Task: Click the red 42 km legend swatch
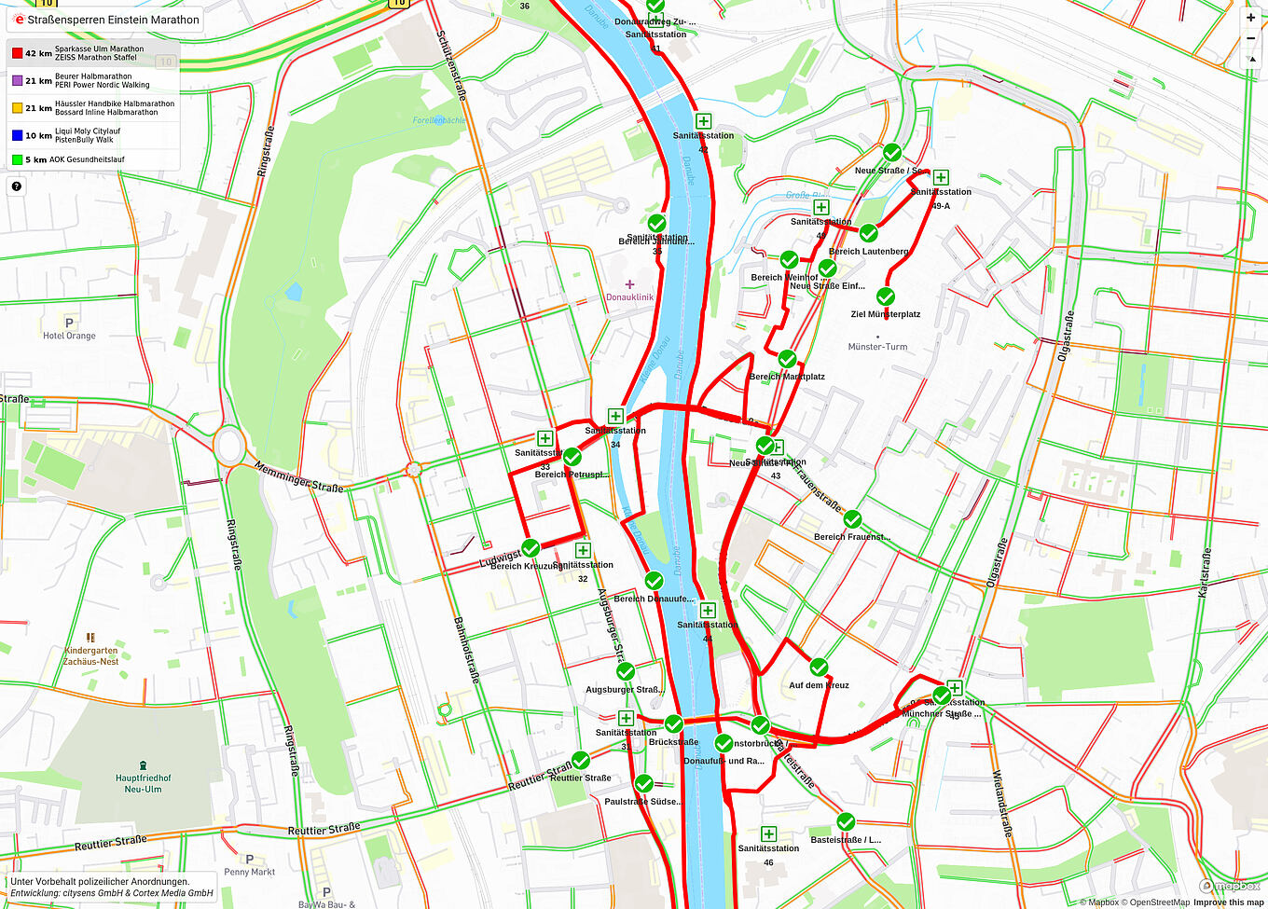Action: click(x=17, y=53)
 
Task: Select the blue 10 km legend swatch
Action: click(x=17, y=135)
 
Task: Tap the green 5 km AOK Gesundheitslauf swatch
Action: click(x=17, y=159)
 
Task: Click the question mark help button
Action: click(x=16, y=186)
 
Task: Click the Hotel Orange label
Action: click(x=69, y=335)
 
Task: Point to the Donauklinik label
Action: click(x=629, y=296)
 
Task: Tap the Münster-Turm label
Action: click(x=877, y=346)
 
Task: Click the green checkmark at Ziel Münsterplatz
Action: click(x=885, y=296)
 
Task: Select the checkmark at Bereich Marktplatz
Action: click(x=787, y=359)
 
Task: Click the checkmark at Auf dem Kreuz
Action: click(x=819, y=668)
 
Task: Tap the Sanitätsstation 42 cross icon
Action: click(x=703, y=121)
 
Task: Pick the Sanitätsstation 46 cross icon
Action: click(x=768, y=833)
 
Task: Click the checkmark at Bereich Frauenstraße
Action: click(x=852, y=519)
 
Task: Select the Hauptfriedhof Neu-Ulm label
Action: click(x=143, y=782)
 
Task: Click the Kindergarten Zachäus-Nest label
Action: click(x=90, y=655)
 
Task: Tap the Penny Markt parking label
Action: click(x=249, y=871)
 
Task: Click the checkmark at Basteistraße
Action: click(x=845, y=821)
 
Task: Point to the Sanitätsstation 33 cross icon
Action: click(x=544, y=438)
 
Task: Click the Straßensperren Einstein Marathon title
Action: click(x=112, y=20)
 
